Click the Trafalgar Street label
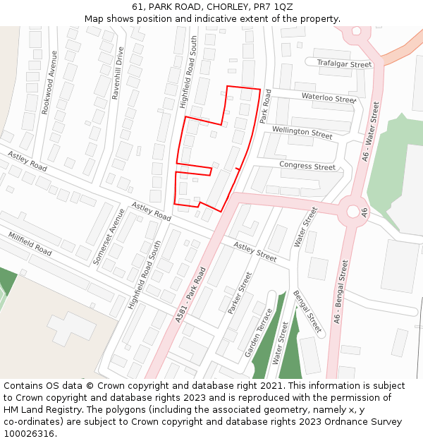[344, 64]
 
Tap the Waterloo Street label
[329, 98]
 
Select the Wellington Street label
[302, 132]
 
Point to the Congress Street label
[307, 167]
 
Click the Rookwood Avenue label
[49, 92]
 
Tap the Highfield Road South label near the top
[188, 73]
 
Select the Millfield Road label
[30, 243]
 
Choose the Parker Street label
[240, 293]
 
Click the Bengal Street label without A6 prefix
[307, 311]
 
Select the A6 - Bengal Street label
[341, 291]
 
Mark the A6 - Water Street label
[369, 132]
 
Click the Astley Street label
[255, 252]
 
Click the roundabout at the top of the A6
[357, 31]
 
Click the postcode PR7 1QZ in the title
[273, 7]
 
